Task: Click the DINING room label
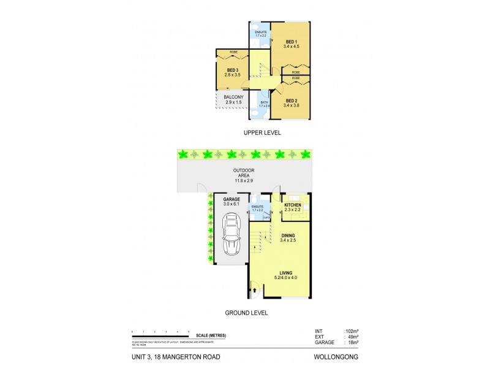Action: [x=288, y=236]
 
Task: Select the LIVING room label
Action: [x=286, y=273]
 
